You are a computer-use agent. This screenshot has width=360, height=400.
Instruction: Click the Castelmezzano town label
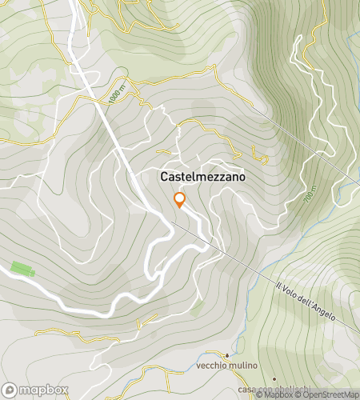click(203, 176)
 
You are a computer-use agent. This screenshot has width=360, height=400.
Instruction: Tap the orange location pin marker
click(180, 200)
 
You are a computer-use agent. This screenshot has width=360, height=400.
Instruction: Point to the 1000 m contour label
click(116, 94)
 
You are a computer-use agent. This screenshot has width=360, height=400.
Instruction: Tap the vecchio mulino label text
click(227, 366)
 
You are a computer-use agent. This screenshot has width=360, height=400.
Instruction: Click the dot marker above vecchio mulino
click(227, 354)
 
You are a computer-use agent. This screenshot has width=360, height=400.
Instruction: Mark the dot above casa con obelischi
click(274, 378)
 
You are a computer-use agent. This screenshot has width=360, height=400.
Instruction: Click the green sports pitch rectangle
click(23, 270)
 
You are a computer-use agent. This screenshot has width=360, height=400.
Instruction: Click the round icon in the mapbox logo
click(10, 391)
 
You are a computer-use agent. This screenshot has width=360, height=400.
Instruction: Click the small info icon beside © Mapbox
click(259, 394)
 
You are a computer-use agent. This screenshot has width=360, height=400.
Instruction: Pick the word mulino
click(242, 366)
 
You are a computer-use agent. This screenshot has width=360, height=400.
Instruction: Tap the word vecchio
click(211, 366)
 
